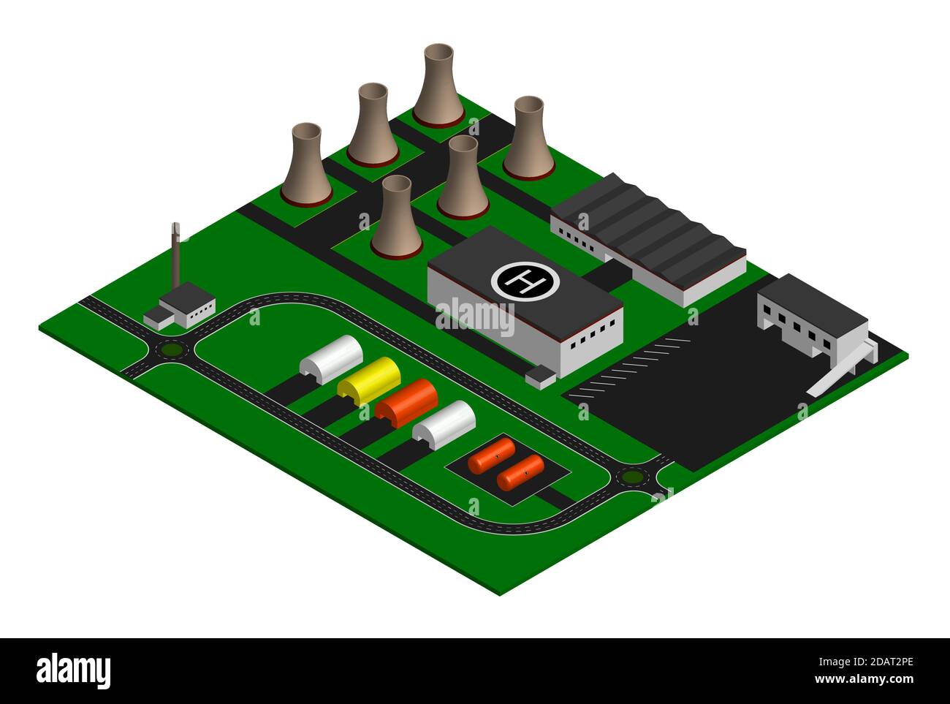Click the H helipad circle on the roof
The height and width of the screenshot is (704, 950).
(525, 280)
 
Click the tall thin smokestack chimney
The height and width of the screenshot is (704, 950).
(175, 256)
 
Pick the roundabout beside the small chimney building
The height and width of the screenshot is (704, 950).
(172, 350)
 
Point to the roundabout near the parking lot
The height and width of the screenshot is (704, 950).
(632, 477)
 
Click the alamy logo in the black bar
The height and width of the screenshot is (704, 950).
(74, 670)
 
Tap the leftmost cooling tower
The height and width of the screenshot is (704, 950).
(306, 164)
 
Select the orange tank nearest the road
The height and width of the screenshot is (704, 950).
(520, 472)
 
